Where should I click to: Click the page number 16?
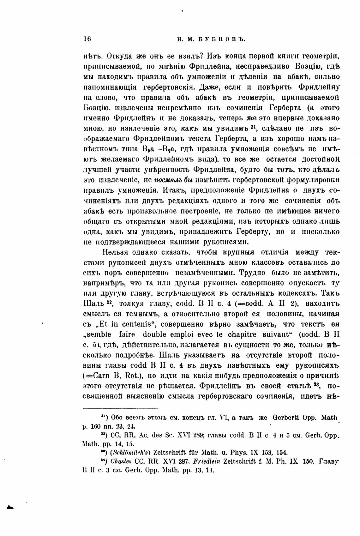tap(87, 39)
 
